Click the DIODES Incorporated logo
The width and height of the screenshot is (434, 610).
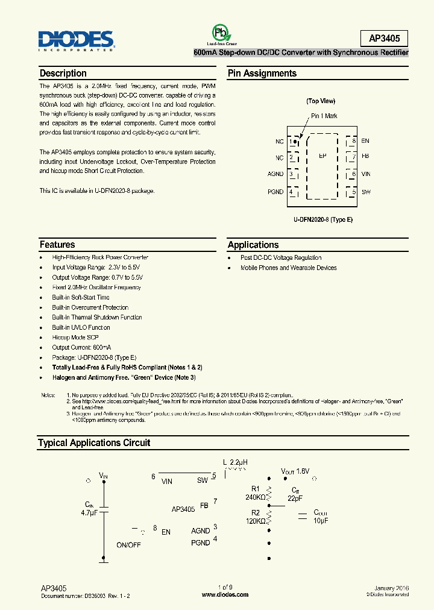(x=77, y=40)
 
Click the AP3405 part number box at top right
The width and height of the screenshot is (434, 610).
(x=384, y=39)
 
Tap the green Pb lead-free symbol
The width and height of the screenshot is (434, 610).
(x=220, y=33)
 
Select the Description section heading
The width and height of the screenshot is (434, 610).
(x=63, y=74)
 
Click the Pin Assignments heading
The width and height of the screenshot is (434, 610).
(x=262, y=74)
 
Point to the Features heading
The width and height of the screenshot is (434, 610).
(x=57, y=245)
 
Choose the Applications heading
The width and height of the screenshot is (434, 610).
(x=253, y=245)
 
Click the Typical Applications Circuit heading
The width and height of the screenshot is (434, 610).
(x=94, y=443)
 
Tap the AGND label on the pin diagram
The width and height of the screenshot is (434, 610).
(x=275, y=175)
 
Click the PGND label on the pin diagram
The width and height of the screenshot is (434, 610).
(x=275, y=192)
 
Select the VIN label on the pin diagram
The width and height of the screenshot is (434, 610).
(x=366, y=175)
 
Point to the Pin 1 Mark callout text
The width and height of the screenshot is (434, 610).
(x=324, y=116)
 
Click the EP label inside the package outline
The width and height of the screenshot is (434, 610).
(x=322, y=156)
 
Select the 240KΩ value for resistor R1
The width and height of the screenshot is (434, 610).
(x=256, y=498)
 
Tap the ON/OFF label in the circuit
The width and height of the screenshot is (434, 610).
(x=128, y=544)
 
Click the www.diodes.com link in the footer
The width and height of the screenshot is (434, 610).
(x=225, y=594)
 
